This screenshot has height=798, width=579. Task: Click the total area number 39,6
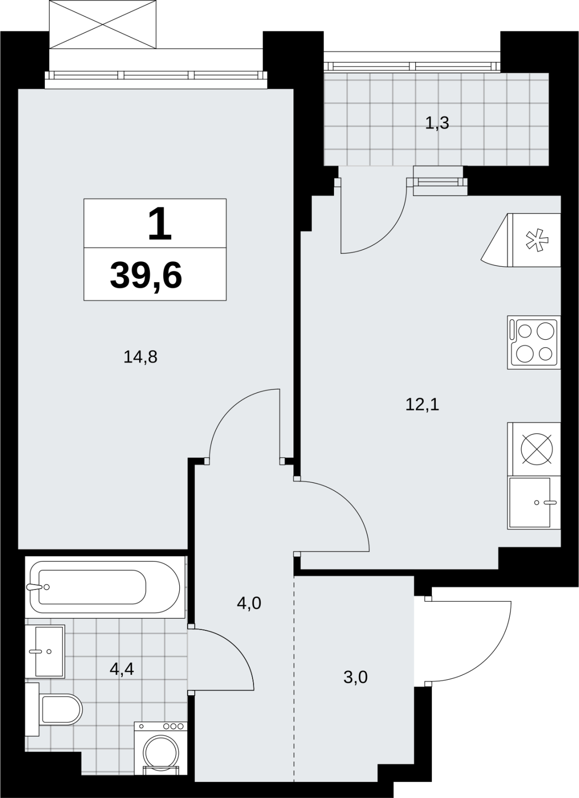pyautogui.click(x=146, y=275)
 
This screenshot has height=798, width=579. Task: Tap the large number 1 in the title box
pyautogui.click(x=160, y=224)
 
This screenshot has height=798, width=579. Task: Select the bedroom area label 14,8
pyautogui.click(x=140, y=357)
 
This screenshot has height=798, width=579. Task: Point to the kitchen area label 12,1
pyautogui.click(x=422, y=404)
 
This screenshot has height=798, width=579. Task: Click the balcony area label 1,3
pyautogui.click(x=437, y=123)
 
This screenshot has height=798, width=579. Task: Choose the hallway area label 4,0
pyautogui.click(x=249, y=603)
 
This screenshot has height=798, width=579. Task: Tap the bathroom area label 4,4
pyautogui.click(x=122, y=669)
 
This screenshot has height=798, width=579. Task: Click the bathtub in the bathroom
pyautogui.click(x=105, y=587)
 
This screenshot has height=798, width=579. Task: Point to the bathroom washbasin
pyautogui.click(x=45, y=651)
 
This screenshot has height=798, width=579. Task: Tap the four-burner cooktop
pyautogui.click(x=534, y=342)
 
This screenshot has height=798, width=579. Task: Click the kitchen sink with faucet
pyautogui.click(x=534, y=503)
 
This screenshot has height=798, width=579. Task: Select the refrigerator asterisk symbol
pyautogui.click(x=537, y=240)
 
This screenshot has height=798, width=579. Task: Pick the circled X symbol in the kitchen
pyautogui.click(x=537, y=449)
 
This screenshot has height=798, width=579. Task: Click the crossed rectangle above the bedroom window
pyautogui.click(x=103, y=24)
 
